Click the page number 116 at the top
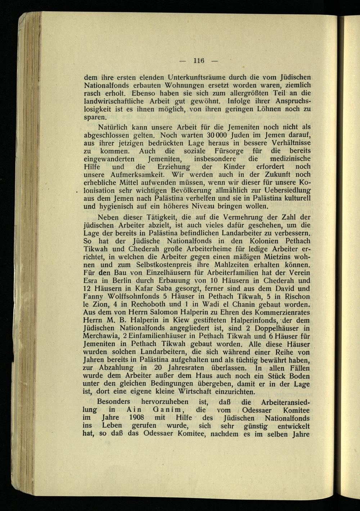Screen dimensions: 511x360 (198, 60)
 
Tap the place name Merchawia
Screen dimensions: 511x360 (102, 336)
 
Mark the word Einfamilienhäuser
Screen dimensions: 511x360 (156, 336)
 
